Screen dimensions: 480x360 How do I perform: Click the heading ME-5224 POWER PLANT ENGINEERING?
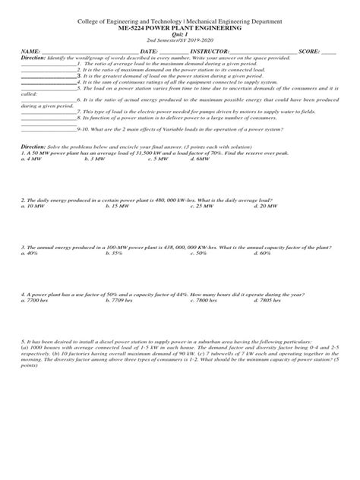180,27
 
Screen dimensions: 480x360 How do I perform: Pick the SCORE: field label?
309,50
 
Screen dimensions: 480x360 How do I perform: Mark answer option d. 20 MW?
267,206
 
